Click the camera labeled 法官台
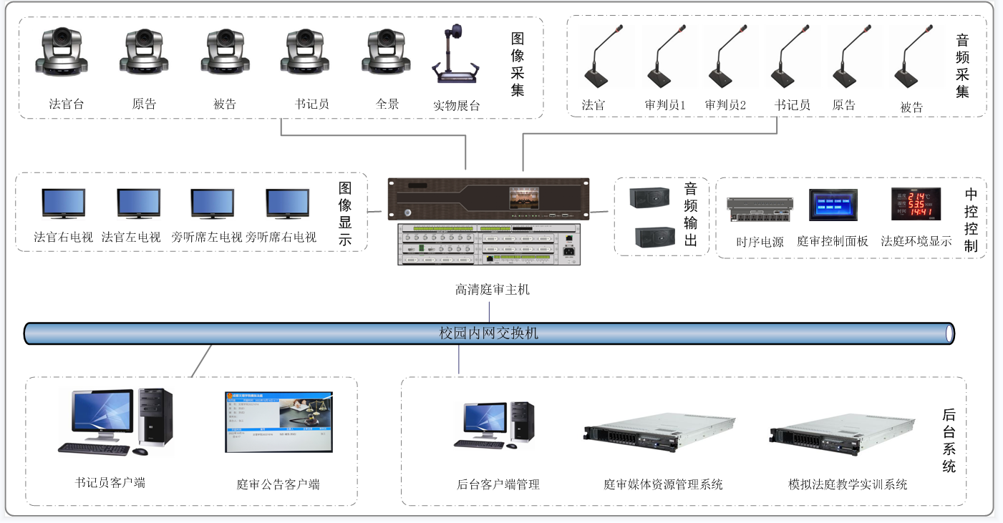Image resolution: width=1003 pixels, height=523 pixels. pyautogui.click(x=62, y=52)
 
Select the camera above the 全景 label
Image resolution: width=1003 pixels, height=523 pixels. pyautogui.click(x=388, y=52)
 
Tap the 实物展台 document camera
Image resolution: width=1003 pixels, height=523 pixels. pyautogui.click(x=455, y=57)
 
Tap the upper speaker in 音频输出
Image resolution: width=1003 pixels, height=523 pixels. pyautogui.click(x=649, y=198)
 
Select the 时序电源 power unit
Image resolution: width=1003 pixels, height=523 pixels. pyautogui.click(x=760, y=210)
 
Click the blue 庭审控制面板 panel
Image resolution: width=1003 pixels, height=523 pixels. pyautogui.click(x=833, y=205)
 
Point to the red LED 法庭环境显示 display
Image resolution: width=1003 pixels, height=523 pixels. pyautogui.click(x=911, y=203)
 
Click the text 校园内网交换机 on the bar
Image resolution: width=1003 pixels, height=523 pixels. pyautogui.click(x=489, y=333)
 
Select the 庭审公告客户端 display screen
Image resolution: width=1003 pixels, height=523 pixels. pyautogui.click(x=278, y=421)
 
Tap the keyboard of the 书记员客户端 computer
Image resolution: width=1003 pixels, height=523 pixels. pyautogui.click(x=93, y=449)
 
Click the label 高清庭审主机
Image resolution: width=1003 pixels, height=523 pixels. pyautogui.click(x=493, y=290)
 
